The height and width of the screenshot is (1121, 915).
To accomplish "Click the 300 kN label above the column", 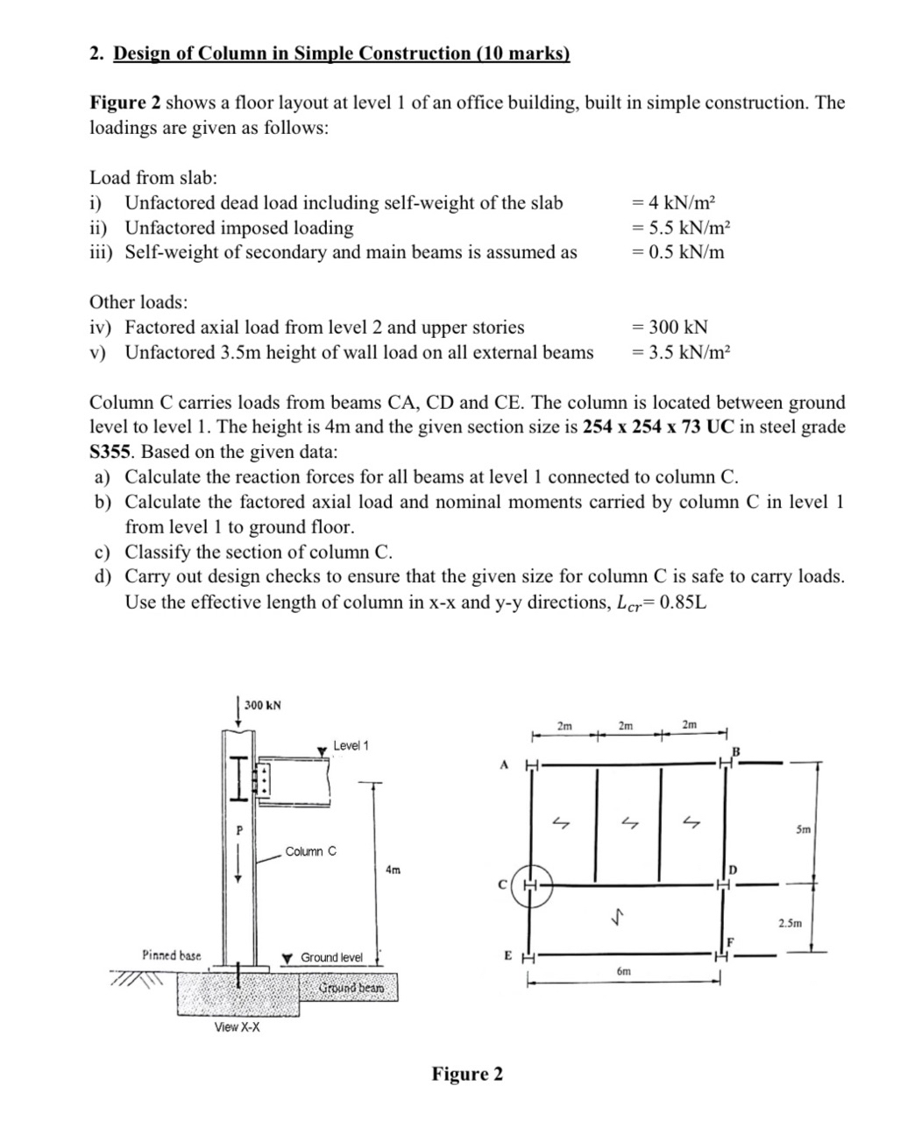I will [262, 704].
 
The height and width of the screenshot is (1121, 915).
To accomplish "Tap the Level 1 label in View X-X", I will [351, 745].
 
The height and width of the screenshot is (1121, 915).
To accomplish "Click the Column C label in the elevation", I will [310, 851].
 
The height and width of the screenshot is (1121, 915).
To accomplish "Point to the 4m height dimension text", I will [393, 870].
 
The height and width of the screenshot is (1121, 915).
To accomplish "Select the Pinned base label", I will [171, 955].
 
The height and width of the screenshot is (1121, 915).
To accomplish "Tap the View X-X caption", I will [237, 1026].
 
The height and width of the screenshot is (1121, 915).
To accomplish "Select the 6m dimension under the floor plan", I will [623, 971].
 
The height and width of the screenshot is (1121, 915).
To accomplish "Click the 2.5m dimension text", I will [790, 923].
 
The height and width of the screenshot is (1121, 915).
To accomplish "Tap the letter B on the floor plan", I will [736, 751].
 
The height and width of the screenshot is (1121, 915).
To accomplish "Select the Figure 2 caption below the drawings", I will [467, 1074].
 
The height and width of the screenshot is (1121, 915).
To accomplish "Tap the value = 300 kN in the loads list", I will [670, 328].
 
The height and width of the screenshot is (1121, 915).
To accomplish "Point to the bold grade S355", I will [112, 453].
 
